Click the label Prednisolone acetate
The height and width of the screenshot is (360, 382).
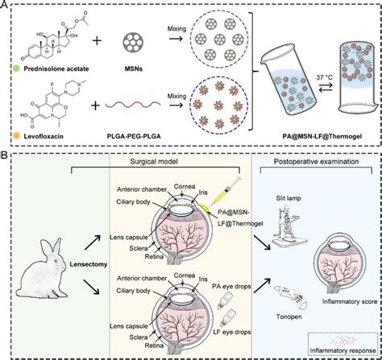(56, 68)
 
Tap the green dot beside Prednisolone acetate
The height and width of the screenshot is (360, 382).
(16, 68)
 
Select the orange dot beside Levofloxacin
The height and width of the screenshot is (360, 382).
(16, 136)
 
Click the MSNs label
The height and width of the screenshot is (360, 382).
(133, 68)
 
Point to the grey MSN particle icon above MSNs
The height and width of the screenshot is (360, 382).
(133, 43)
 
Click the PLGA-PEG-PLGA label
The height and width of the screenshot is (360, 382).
(134, 136)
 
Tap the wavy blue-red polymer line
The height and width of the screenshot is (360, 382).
(133, 104)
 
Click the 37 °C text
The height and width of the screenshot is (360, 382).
(324, 77)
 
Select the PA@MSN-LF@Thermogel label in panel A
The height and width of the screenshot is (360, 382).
(322, 136)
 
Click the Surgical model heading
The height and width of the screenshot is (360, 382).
(154, 161)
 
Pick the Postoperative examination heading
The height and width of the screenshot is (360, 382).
(316, 162)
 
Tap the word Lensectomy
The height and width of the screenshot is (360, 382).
(89, 264)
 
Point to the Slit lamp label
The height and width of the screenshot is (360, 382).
(289, 198)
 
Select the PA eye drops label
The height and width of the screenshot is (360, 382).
(231, 286)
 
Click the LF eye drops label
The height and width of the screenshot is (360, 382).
(232, 332)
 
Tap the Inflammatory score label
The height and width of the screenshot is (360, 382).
(350, 301)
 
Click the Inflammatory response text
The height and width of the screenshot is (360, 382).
(343, 350)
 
